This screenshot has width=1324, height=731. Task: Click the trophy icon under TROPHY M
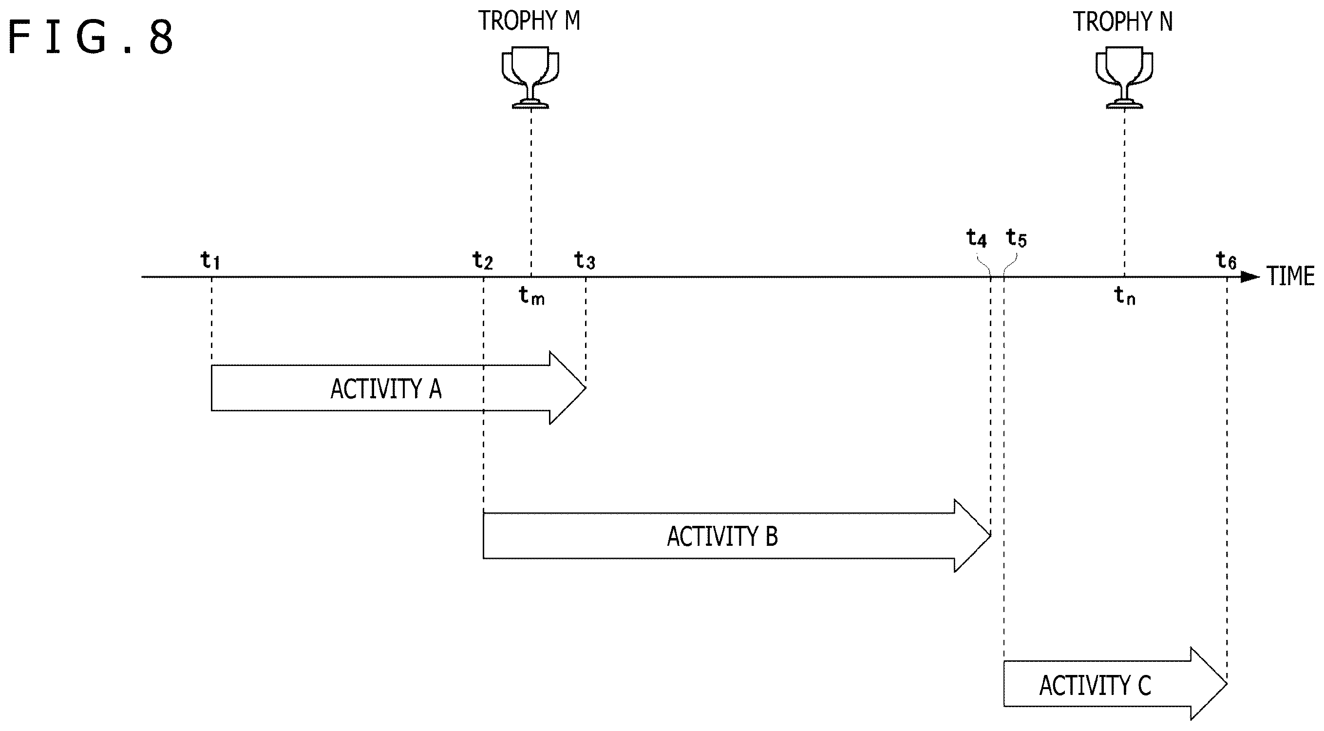click(530, 77)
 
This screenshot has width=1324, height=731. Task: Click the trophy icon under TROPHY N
click(1124, 77)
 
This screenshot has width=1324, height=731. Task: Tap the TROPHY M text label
click(530, 21)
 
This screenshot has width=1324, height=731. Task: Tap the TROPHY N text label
click(1123, 21)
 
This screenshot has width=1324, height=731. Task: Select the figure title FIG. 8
click(91, 37)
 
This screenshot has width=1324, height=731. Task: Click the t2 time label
click(483, 261)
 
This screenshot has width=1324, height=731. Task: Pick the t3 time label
click(585, 261)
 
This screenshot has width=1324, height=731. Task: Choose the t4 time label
click(977, 238)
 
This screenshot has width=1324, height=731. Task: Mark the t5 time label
click(1016, 238)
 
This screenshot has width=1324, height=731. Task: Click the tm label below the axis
click(532, 296)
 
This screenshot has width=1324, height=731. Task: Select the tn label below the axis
click(1125, 296)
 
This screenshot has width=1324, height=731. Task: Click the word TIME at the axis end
click(1290, 277)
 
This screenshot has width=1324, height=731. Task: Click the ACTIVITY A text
click(386, 389)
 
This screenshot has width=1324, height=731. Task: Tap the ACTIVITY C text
click(1095, 686)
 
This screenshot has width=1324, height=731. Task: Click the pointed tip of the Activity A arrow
click(586, 388)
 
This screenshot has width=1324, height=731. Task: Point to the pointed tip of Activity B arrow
click(990, 536)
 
